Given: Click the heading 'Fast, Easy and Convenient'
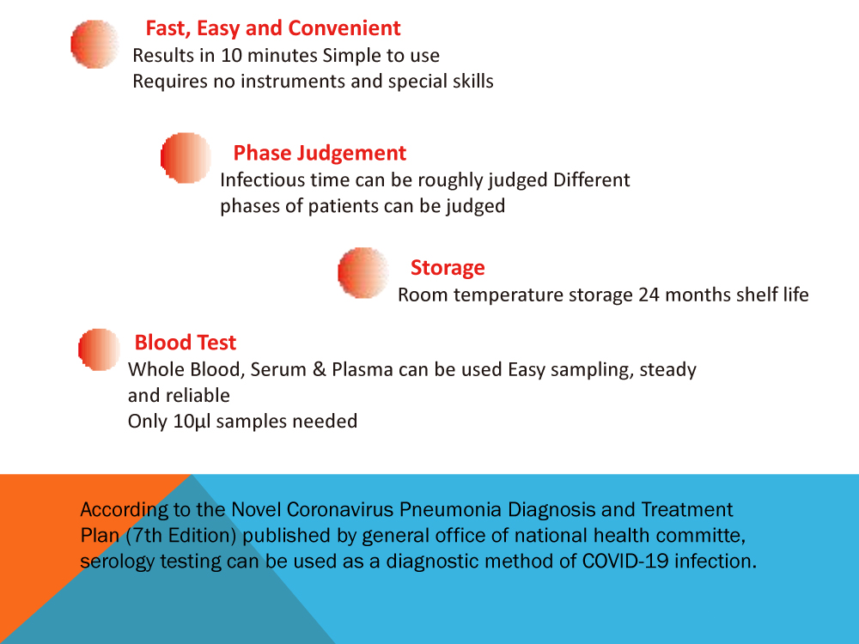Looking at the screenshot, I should coord(272,28).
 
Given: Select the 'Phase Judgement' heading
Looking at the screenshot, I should coord(320,154).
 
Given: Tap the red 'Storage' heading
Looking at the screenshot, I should coord(447,268).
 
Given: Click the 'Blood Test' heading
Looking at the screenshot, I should coord(185,343).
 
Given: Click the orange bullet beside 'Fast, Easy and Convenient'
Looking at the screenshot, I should coord(94,44).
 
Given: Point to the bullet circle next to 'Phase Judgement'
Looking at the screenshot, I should coord(186,157).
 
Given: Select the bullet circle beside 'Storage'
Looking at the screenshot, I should coord(363,273).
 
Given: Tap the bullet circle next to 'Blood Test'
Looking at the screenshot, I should coord(99,349).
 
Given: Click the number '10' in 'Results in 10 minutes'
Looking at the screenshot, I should coord(232,57).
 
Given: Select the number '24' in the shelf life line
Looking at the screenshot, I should coord(649,295).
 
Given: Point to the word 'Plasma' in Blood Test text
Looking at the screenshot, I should coord(362,370).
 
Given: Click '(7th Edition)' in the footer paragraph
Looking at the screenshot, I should coord(182,536).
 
